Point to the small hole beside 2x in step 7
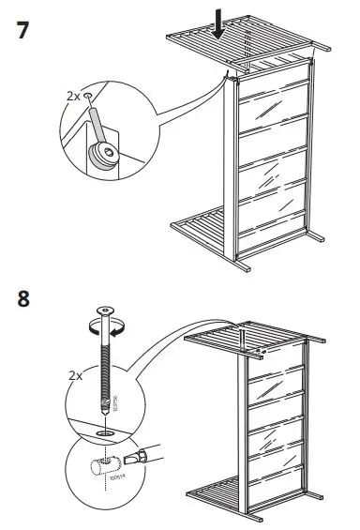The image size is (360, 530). pos(88,96)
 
